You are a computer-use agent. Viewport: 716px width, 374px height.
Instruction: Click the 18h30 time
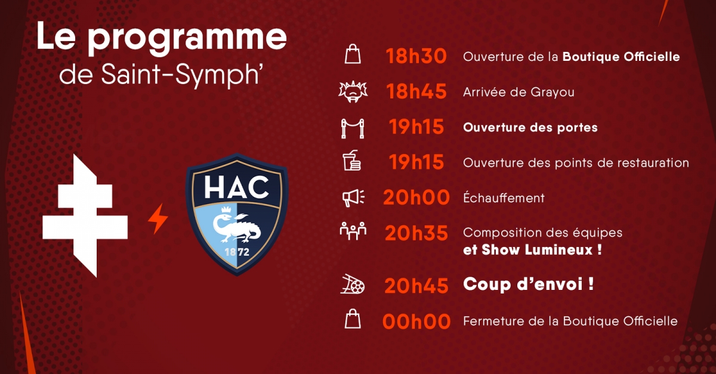coord(416,56)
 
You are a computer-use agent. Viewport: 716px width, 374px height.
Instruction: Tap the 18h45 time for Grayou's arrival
coord(416,91)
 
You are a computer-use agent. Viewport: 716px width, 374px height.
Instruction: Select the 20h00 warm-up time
coord(416,197)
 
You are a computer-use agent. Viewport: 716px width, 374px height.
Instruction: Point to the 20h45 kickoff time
coord(416,286)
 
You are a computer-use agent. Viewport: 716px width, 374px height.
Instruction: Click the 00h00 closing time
coord(416,322)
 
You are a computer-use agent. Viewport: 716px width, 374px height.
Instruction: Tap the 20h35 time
coord(416,233)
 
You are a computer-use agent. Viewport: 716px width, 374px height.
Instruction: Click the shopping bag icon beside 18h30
coord(353,54)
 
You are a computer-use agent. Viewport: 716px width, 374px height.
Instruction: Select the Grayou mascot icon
coord(353,92)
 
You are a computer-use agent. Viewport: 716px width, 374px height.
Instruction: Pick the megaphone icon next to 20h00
coord(353,198)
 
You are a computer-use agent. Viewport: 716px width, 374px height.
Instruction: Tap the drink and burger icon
coord(352,160)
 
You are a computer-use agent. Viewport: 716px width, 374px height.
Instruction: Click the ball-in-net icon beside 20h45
coord(353,284)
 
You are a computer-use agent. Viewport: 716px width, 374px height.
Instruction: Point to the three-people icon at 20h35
coord(353,231)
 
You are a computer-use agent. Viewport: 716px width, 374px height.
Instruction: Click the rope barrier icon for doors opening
coord(353,128)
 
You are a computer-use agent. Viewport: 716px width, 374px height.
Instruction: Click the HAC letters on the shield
coord(236,188)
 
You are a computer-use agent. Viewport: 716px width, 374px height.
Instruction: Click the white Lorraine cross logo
coord(85,216)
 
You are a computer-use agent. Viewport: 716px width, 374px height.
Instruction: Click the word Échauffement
coord(504,197)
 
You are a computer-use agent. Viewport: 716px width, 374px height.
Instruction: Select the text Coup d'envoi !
coord(529,284)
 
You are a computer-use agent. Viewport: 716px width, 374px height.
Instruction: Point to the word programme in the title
coord(187,38)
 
